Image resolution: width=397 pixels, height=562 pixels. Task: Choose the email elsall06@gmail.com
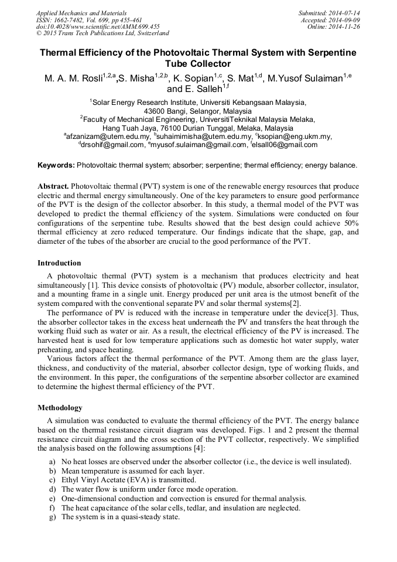(286, 145)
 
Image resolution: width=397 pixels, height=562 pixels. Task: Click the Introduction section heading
(59, 263)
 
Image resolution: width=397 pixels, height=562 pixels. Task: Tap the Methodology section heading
(60, 407)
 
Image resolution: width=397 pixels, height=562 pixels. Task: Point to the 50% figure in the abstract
(348, 224)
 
